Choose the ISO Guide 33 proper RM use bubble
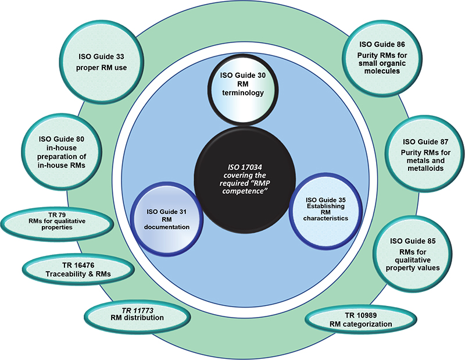click(x=102, y=61)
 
